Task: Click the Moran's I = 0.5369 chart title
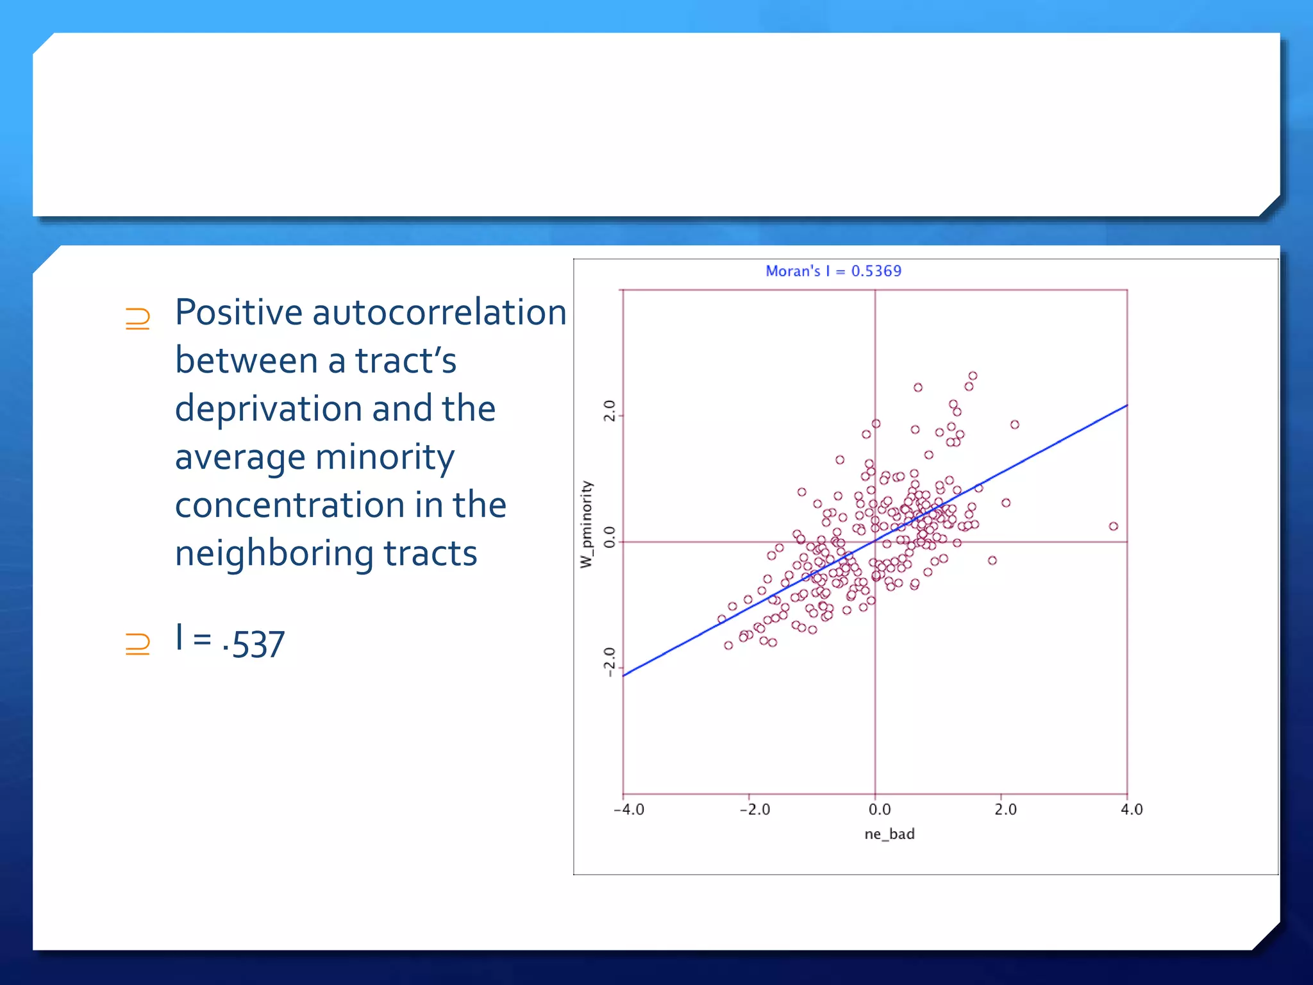point(833,271)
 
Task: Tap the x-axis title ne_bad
point(889,834)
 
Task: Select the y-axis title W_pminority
point(587,524)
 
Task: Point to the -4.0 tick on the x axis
point(629,810)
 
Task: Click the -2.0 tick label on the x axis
point(755,810)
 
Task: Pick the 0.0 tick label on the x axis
point(880,810)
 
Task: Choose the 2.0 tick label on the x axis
point(1005,810)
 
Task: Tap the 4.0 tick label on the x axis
point(1132,810)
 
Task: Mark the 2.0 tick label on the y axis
point(610,410)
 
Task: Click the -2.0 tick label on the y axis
point(610,662)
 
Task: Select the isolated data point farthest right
point(1114,526)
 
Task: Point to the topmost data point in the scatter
point(973,376)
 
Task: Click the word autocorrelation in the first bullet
point(439,313)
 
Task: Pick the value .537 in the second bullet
point(253,644)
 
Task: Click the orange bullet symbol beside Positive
point(138,319)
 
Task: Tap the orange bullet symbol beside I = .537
point(138,643)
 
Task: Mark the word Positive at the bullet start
point(238,313)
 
